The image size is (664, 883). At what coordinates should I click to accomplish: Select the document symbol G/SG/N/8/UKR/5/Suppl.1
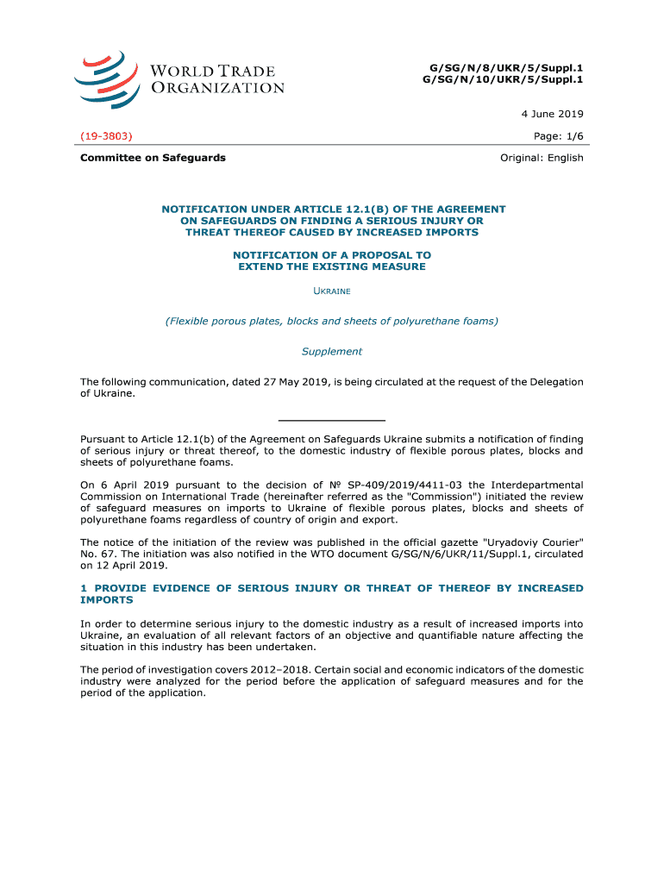pos(502,67)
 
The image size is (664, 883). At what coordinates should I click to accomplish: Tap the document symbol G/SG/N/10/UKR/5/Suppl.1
pos(502,79)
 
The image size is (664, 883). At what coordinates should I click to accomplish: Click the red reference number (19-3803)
pos(106,136)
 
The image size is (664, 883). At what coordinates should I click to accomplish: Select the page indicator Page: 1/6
pos(559,136)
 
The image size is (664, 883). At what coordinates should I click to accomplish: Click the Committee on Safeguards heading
pos(153,158)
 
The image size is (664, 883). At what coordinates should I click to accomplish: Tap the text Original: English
pos(542,158)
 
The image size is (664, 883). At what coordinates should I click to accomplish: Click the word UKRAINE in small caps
pos(331,291)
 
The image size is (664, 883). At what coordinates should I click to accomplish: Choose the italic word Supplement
pos(331,352)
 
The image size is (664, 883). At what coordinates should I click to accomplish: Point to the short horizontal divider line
pos(331,419)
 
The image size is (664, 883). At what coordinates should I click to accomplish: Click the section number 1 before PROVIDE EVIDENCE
pos(84,588)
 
